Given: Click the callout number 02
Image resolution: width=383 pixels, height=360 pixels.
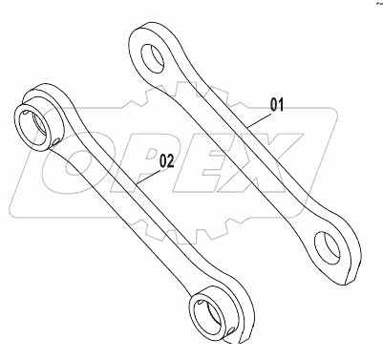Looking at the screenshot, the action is tap(166, 161).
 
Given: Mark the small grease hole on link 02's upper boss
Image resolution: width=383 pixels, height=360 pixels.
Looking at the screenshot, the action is tap(58, 142).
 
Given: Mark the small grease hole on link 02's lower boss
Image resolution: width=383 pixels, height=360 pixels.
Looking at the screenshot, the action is tap(233, 331).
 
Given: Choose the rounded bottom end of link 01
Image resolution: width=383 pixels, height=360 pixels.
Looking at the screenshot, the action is tap(340, 264).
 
